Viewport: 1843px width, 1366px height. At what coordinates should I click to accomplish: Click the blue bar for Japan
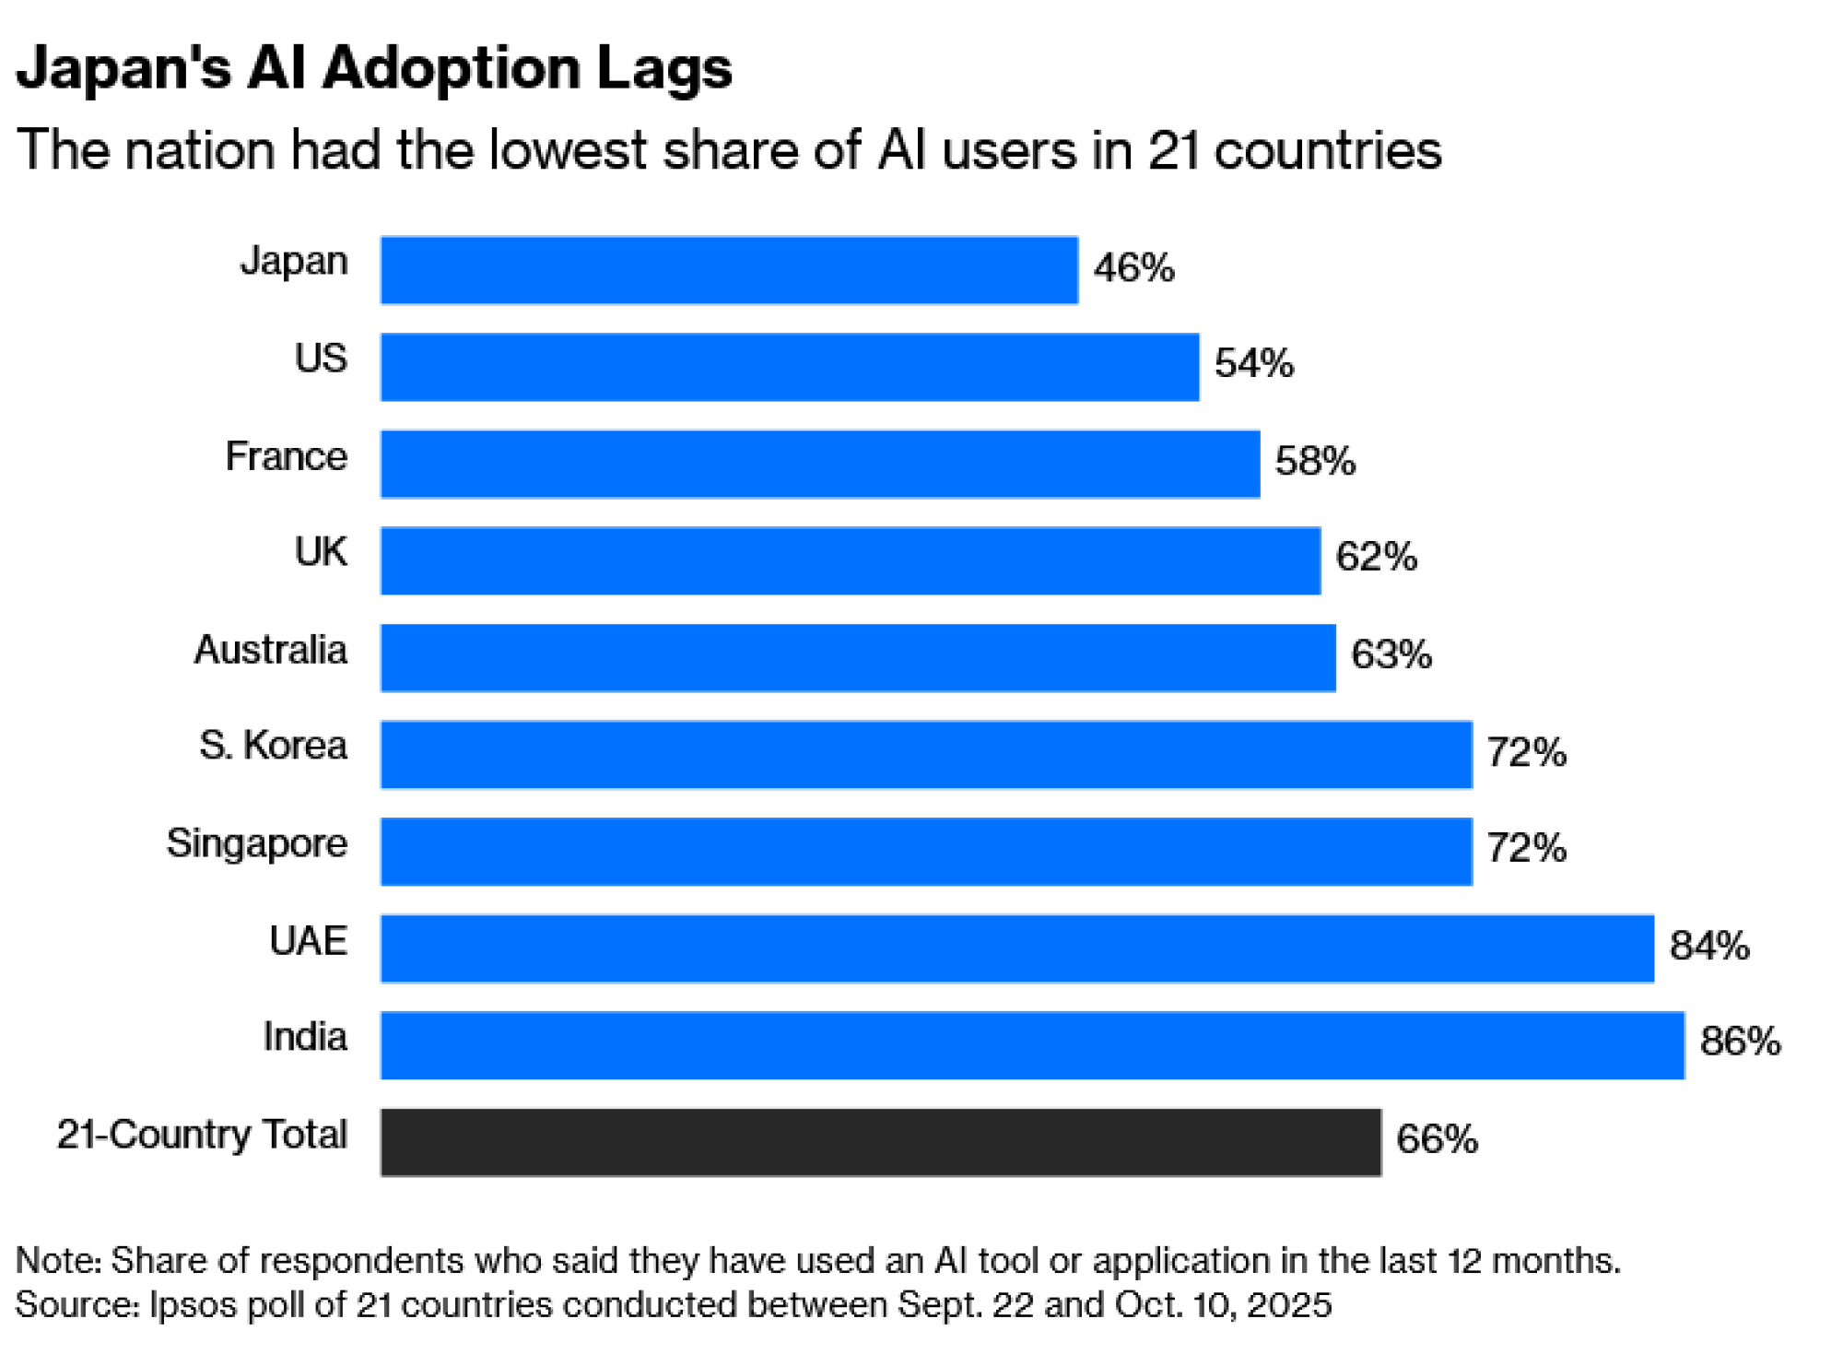coord(729,270)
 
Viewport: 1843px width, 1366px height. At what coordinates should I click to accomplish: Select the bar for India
coord(1032,1045)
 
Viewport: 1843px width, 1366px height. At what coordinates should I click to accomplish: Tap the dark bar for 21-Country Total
coord(881,1142)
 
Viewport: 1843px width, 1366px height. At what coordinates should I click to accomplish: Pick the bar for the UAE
coord(1017,948)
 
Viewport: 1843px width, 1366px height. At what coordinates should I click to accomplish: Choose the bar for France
coord(820,464)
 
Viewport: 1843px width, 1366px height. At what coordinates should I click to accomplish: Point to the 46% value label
coord(1134,268)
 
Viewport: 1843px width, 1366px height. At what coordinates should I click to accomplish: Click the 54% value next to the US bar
coord(1254,363)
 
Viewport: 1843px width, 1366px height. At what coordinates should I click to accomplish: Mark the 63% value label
coord(1391,654)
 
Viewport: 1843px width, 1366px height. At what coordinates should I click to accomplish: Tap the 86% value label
coord(1740,1042)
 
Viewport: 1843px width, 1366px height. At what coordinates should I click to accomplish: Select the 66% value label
coord(1437,1139)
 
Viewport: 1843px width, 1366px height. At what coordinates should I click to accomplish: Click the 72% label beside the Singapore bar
coord(1526,848)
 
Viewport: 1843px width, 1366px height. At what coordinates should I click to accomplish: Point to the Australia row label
coord(270,650)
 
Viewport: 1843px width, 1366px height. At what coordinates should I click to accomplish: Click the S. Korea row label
coord(273,746)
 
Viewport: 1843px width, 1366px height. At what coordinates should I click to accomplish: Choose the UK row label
coord(321,552)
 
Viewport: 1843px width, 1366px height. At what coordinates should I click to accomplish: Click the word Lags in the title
coord(663,69)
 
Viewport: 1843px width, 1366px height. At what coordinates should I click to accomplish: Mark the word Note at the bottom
coord(57,1260)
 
